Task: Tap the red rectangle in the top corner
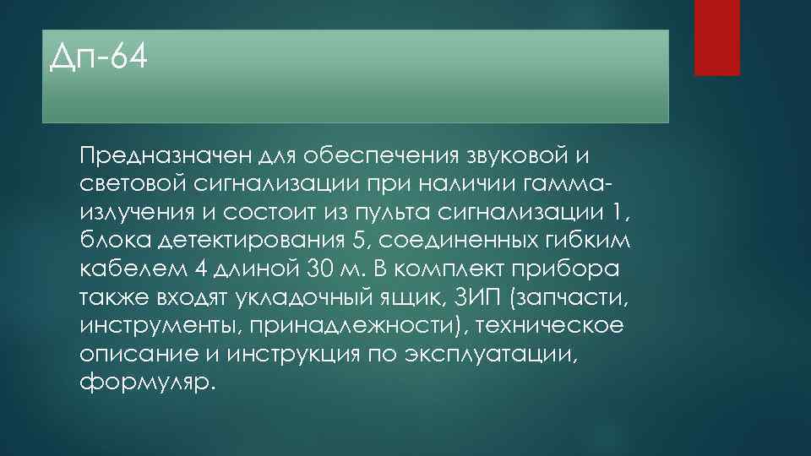[x=716, y=37]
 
